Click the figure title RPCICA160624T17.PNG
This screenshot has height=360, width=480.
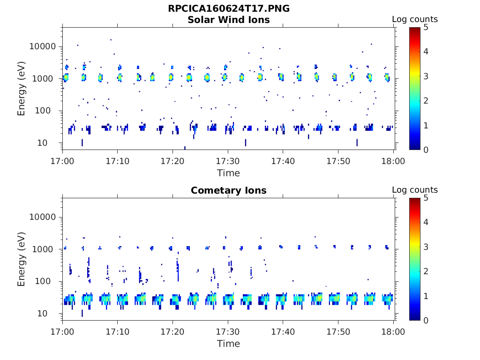click(229, 9)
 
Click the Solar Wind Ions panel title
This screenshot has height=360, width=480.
click(229, 20)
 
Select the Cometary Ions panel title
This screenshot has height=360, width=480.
click(229, 191)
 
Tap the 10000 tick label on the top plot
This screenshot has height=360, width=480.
click(43, 46)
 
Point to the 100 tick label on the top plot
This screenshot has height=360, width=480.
click(49, 111)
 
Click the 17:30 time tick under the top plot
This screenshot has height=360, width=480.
click(228, 161)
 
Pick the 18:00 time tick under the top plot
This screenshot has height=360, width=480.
click(393, 161)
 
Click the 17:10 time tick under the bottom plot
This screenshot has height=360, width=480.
click(117, 331)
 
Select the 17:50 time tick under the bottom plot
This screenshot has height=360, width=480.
click(338, 331)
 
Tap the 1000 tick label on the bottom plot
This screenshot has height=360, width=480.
click(46, 249)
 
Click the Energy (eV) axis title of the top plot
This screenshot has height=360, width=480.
click(22, 89)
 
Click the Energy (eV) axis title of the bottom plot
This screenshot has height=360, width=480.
click(22, 259)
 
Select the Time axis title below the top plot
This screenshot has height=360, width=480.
click(228, 173)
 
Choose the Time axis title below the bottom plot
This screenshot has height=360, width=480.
click(228, 344)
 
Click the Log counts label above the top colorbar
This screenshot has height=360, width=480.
click(415, 20)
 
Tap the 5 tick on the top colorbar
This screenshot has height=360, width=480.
click(427, 27)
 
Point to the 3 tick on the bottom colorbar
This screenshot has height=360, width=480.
click(427, 247)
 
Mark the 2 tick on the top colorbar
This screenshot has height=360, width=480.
click(427, 101)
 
